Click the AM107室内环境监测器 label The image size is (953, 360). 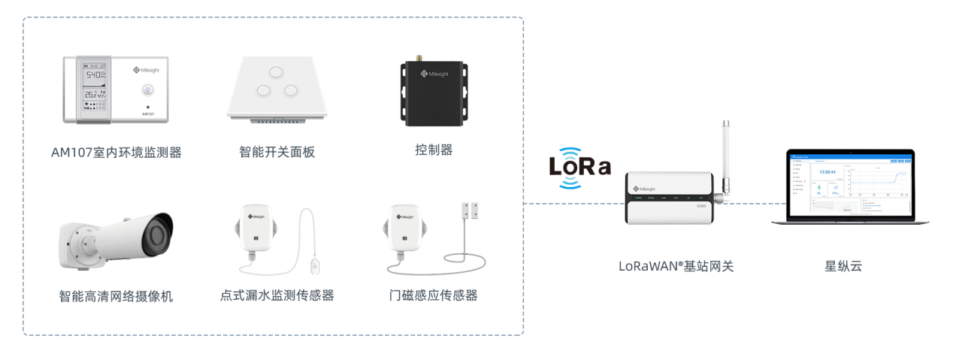point(116,153)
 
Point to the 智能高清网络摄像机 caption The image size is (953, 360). point(116,296)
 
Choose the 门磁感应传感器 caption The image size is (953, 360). point(429,295)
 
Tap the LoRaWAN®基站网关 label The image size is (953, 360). point(676,266)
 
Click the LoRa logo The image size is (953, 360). point(579,166)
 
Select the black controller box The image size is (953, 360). point(434,93)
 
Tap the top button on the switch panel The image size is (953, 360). point(276,71)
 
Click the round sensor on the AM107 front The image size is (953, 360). point(147,91)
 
